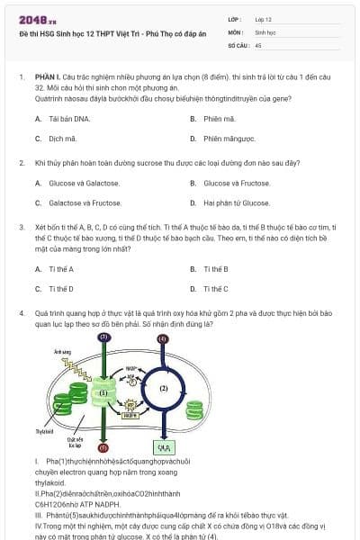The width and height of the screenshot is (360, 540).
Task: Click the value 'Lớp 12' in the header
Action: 264,19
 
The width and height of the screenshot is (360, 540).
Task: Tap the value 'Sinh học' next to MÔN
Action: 265,31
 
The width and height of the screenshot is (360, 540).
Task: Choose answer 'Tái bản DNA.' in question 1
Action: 69,119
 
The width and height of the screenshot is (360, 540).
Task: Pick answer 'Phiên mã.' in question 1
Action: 219,119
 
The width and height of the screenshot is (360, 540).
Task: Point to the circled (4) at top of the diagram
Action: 162,338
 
